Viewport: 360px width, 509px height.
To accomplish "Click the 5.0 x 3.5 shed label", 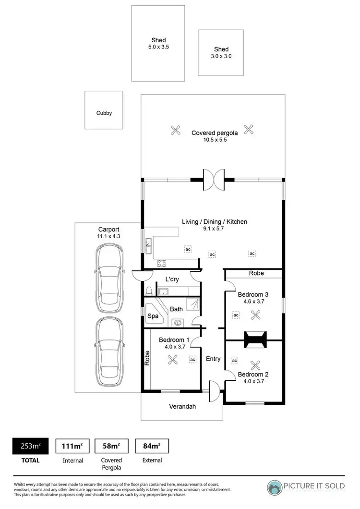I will [x=158, y=44].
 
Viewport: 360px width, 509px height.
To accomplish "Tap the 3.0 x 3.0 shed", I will [x=221, y=52].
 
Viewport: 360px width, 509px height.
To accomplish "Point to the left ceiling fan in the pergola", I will [x=176, y=129].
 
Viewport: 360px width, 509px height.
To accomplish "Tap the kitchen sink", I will [x=149, y=246].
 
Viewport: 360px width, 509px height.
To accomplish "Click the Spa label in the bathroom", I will [x=153, y=316].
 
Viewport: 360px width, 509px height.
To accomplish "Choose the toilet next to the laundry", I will [x=149, y=291].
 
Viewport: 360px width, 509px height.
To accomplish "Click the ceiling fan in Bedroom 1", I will [x=172, y=359].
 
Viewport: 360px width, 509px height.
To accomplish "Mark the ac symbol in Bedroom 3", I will [x=236, y=315].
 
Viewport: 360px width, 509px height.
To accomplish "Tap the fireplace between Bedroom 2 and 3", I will [x=254, y=339].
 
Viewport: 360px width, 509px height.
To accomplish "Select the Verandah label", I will [x=182, y=406].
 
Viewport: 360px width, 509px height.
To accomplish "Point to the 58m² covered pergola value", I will [x=111, y=446].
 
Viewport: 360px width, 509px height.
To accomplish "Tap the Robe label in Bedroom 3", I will [x=255, y=273].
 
